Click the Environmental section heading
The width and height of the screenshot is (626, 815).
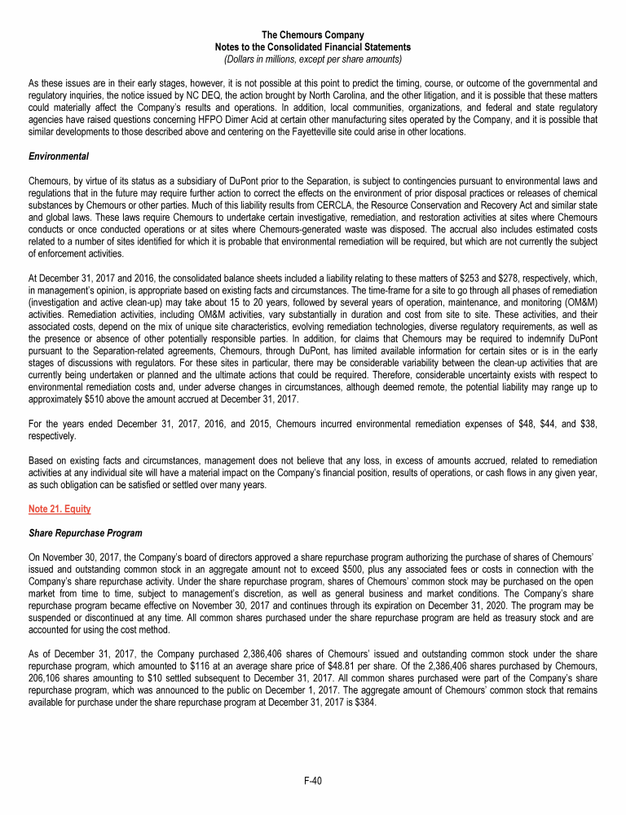[58, 156]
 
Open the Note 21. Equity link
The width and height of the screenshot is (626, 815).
[60, 509]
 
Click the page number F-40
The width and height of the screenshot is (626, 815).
[312, 781]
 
